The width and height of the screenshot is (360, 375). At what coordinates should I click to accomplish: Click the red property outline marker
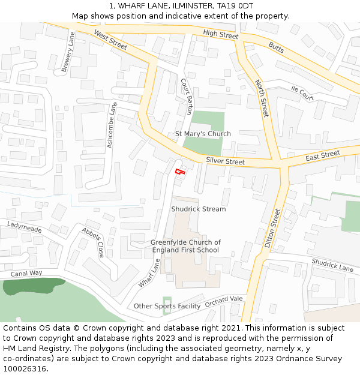pyautogui.click(x=179, y=172)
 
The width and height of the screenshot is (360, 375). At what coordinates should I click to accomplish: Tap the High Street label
pyautogui.click(x=221, y=35)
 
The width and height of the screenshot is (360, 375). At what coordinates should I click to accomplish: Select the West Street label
pyautogui.click(x=111, y=40)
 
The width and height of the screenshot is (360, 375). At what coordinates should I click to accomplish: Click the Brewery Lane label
pyautogui.click(x=68, y=52)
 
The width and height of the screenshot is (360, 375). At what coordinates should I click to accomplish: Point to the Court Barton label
pyautogui.click(x=187, y=96)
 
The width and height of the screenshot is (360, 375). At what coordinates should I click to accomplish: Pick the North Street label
pyautogui.click(x=262, y=98)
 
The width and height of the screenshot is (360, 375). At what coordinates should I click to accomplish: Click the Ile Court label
pyautogui.click(x=302, y=93)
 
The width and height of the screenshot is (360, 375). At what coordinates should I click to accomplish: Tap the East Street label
pyautogui.click(x=323, y=156)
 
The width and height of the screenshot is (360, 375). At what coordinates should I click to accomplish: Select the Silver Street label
pyautogui.click(x=225, y=161)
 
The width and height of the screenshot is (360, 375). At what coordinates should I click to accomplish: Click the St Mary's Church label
pyautogui.click(x=203, y=134)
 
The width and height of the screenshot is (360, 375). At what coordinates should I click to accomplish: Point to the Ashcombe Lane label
pyautogui.click(x=112, y=125)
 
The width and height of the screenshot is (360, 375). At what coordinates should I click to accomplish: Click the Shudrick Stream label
pyautogui.click(x=199, y=209)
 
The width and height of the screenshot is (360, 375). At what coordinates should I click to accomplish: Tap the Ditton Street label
pyautogui.click(x=272, y=228)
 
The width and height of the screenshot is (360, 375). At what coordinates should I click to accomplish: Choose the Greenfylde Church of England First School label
pyautogui.click(x=185, y=246)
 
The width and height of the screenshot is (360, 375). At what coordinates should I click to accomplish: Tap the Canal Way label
pyautogui.click(x=26, y=274)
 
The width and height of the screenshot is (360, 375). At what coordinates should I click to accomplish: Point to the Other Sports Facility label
pyautogui.click(x=167, y=306)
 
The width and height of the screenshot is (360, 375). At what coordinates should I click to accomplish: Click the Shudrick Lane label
pyautogui.click(x=332, y=265)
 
